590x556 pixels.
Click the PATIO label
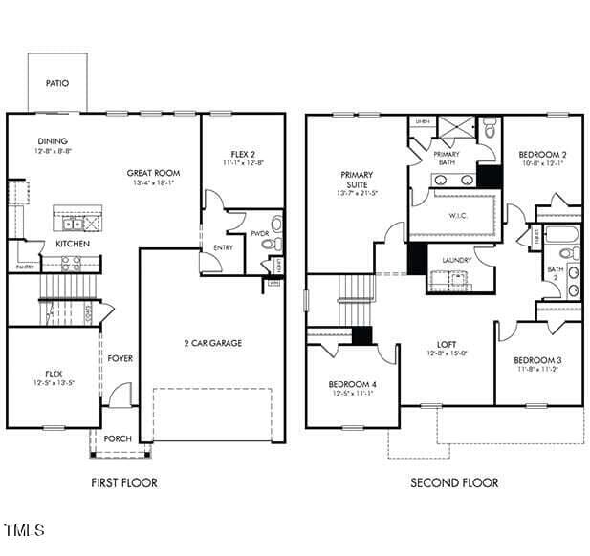(x=57, y=83)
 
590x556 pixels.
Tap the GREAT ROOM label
(x=153, y=173)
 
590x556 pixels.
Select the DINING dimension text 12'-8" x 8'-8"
(x=53, y=151)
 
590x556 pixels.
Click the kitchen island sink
(x=72, y=225)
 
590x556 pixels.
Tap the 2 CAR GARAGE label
(x=212, y=343)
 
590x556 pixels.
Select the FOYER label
(x=120, y=358)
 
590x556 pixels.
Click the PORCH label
(x=118, y=438)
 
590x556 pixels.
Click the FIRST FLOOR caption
(x=124, y=482)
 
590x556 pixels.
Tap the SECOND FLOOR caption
(x=454, y=482)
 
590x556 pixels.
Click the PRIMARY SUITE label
(x=357, y=180)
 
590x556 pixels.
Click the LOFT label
(x=447, y=344)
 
